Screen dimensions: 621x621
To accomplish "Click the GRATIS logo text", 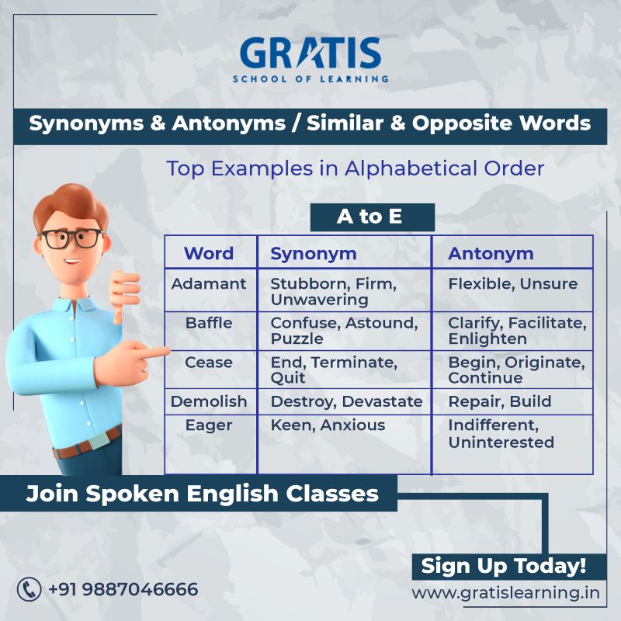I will [310, 53].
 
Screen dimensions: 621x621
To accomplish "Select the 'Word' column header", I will [208, 253].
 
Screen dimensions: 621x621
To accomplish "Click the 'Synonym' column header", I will [314, 253].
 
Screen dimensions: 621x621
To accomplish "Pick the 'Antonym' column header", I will [491, 253].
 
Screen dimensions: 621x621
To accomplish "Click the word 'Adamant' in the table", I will [209, 283].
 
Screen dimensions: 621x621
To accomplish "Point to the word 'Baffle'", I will [209, 322].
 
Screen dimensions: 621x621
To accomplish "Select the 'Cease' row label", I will [209, 362].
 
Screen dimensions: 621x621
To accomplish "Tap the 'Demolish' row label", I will [209, 401].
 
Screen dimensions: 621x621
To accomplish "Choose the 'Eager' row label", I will [209, 425].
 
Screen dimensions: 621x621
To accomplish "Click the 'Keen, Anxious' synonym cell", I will [328, 425].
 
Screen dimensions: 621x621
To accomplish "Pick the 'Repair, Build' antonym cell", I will [499, 401].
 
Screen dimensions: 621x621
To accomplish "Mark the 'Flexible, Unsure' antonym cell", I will [512, 283].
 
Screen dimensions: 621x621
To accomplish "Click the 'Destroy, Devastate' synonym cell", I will [346, 401].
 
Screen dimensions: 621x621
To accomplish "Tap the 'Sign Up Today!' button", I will [503, 565].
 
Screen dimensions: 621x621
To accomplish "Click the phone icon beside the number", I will [29, 589].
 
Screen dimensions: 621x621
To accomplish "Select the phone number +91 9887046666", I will [123, 589].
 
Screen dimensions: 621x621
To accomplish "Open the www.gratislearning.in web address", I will [505, 593].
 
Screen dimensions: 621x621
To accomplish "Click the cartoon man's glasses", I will [72, 238].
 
